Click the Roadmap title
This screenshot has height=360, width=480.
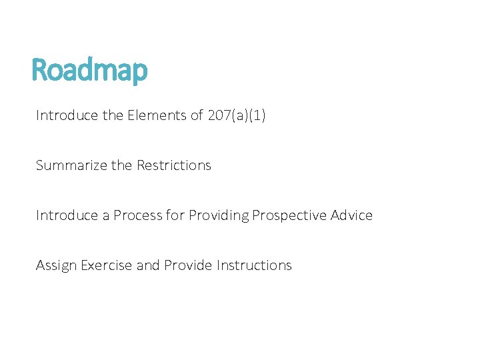pos(89,70)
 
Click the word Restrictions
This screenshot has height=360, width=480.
pos(173,165)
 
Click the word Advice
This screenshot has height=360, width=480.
pos(351,215)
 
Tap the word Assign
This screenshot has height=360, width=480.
pos(56,265)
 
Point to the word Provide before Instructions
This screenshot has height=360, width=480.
pos(189,265)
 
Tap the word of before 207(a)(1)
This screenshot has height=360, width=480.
pos(197,115)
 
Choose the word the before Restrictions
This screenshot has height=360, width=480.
pos(122,165)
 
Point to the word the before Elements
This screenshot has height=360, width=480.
pos(113,115)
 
